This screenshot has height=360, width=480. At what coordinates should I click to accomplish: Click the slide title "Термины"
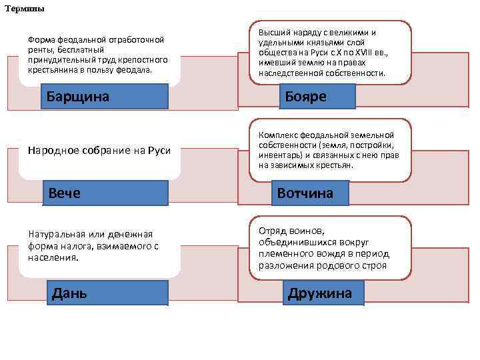(x=26, y=9)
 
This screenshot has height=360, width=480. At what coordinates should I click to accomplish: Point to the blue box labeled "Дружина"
(x=319, y=293)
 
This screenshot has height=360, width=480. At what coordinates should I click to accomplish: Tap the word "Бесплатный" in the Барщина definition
(x=81, y=50)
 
